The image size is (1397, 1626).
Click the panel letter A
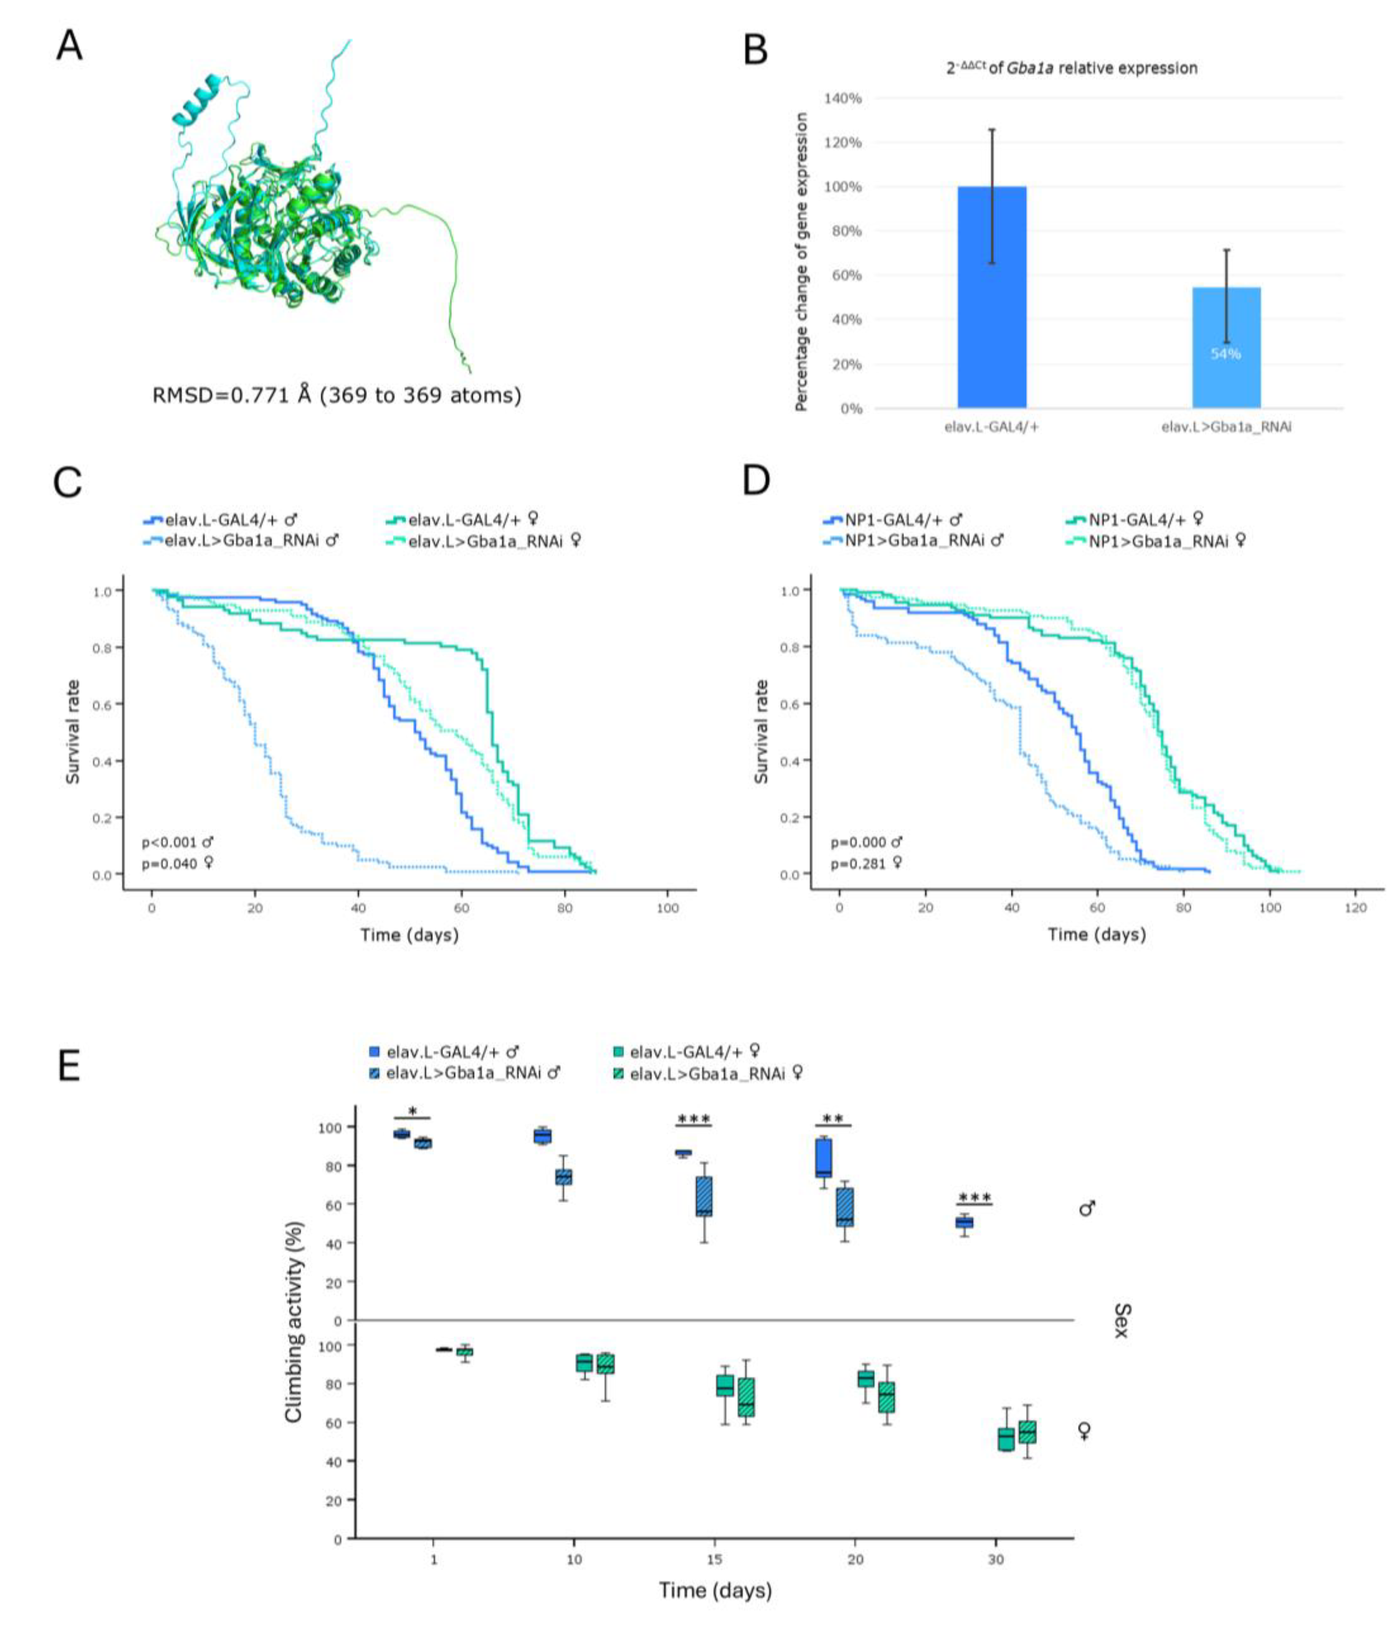tap(69, 46)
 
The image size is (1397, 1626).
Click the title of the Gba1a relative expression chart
tap(1071, 68)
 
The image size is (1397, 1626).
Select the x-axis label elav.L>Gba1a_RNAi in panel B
tap(1226, 428)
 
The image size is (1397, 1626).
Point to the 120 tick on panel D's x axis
tap(1355, 908)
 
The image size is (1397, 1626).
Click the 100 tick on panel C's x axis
tap(667, 908)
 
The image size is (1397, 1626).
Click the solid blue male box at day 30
tap(964, 1223)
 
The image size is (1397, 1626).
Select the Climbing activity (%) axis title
tap(293, 1322)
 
